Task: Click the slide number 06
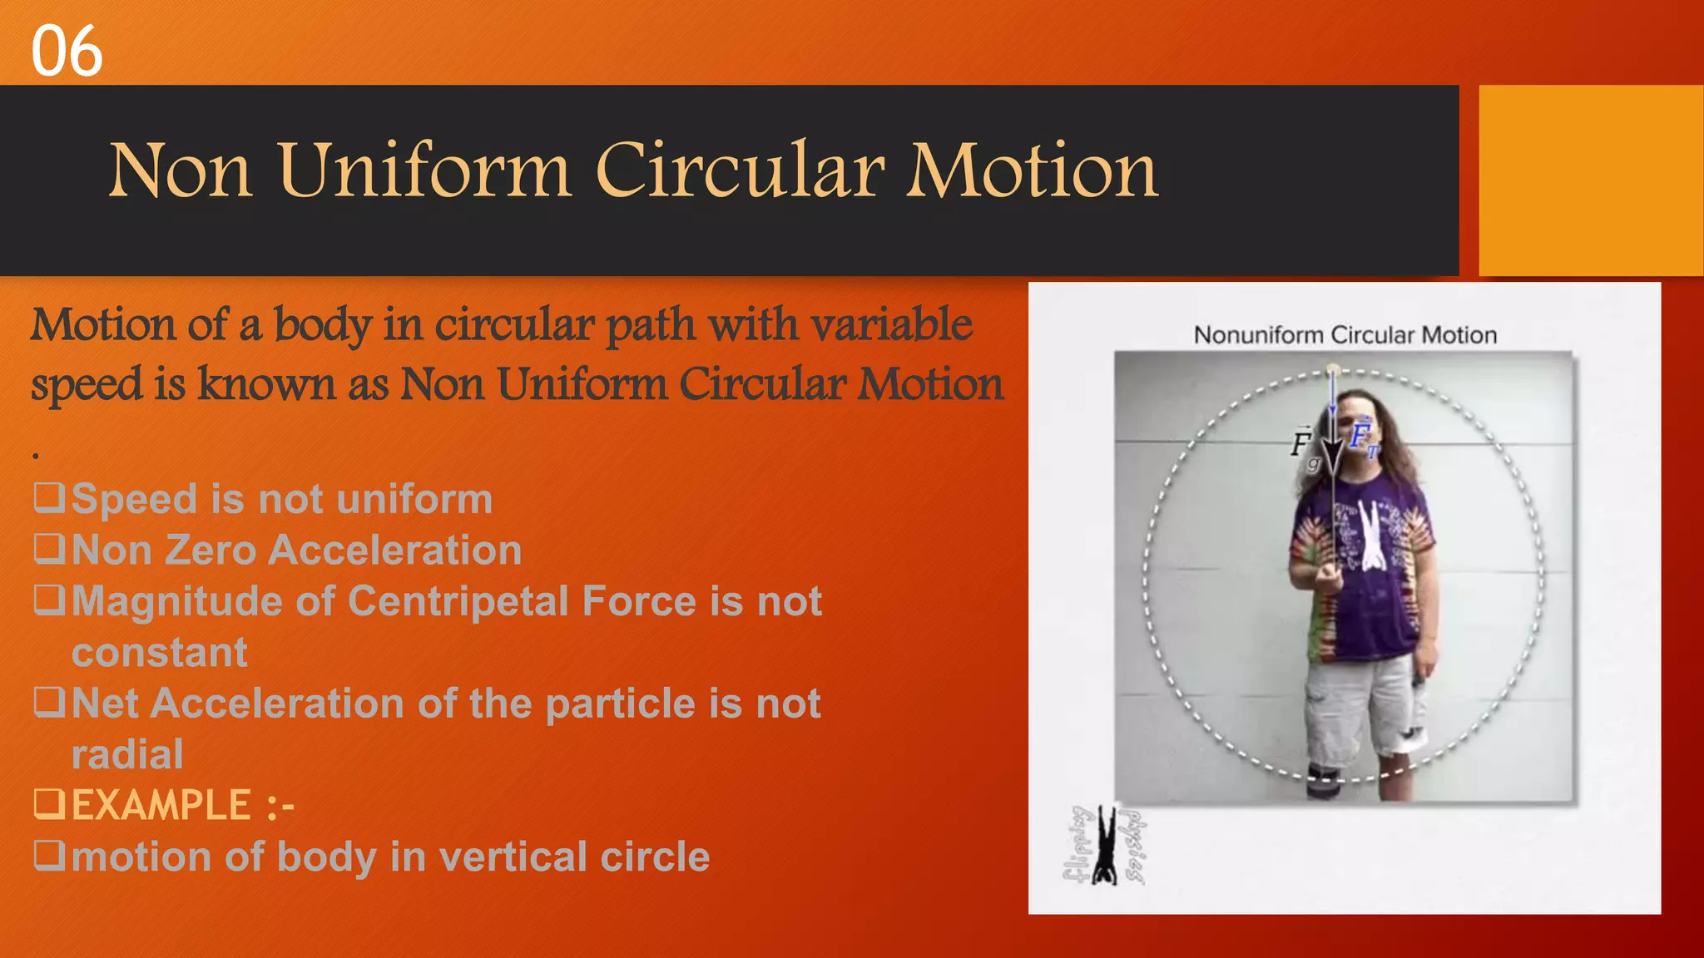tap(67, 52)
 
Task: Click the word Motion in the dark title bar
tap(1033, 170)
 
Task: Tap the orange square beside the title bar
tap(1590, 180)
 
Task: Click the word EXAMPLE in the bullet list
tap(161, 806)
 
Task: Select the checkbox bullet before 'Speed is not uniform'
tap(49, 497)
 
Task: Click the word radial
tap(127, 755)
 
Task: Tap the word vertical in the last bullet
tap(509, 857)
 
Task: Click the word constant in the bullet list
tap(160, 653)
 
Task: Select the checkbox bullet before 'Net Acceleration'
tap(49, 702)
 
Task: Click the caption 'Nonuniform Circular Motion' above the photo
tap(1345, 335)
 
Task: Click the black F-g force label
tap(1304, 446)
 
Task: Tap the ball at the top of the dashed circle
tap(1333, 369)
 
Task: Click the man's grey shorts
tap(1365, 703)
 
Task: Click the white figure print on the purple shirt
tap(1370, 536)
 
